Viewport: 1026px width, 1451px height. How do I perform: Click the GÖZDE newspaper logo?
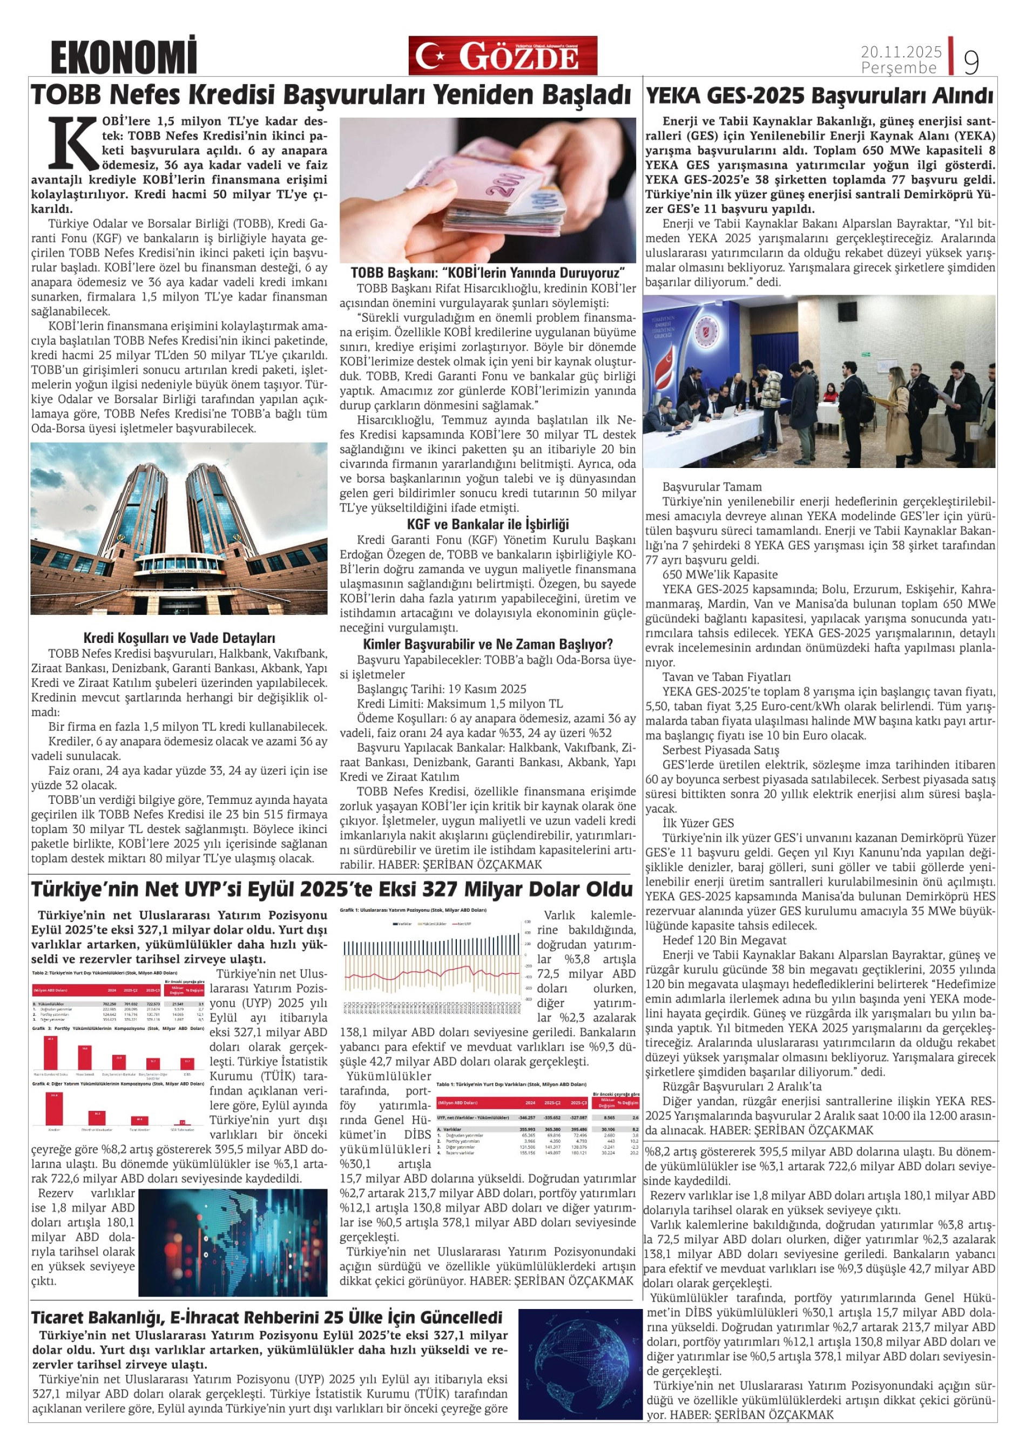[x=503, y=56]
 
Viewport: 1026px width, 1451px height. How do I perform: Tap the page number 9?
[x=970, y=62]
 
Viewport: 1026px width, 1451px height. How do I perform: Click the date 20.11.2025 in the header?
[x=901, y=52]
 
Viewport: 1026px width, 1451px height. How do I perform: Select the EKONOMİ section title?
[x=124, y=56]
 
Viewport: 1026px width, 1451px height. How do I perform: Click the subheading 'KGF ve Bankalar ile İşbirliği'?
[x=488, y=525]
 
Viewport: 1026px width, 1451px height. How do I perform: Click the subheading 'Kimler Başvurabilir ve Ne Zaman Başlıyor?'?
[x=488, y=645]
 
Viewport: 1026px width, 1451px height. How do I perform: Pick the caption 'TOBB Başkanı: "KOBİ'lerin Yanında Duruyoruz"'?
[x=488, y=273]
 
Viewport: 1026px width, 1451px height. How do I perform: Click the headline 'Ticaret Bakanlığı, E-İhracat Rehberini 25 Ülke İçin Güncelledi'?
[x=267, y=1318]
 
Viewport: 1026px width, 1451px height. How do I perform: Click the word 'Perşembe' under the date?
[x=899, y=67]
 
